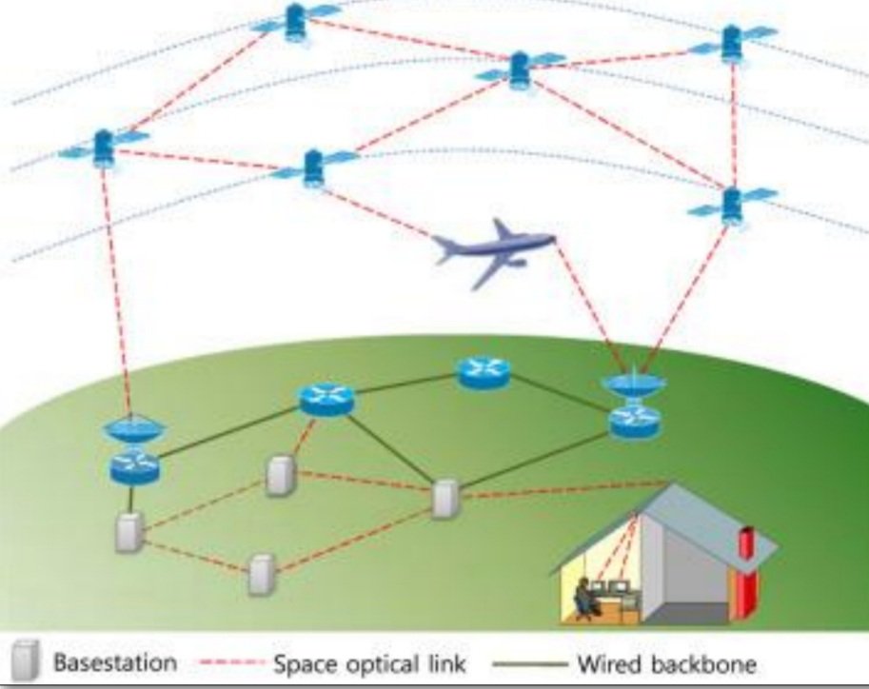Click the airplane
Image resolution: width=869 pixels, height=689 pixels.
click(x=495, y=249)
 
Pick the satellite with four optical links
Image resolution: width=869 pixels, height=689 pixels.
click(x=519, y=68)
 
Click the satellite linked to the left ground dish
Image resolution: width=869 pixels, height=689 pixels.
click(x=103, y=147)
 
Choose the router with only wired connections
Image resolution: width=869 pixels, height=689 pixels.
click(x=483, y=372)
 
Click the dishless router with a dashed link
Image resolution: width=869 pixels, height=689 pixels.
click(x=326, y=399)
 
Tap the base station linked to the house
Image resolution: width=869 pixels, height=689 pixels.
click(x=444, y=500)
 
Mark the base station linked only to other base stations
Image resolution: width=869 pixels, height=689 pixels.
click(x=260, y=574)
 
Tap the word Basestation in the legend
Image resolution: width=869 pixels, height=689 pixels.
click(x=114, y=662)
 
